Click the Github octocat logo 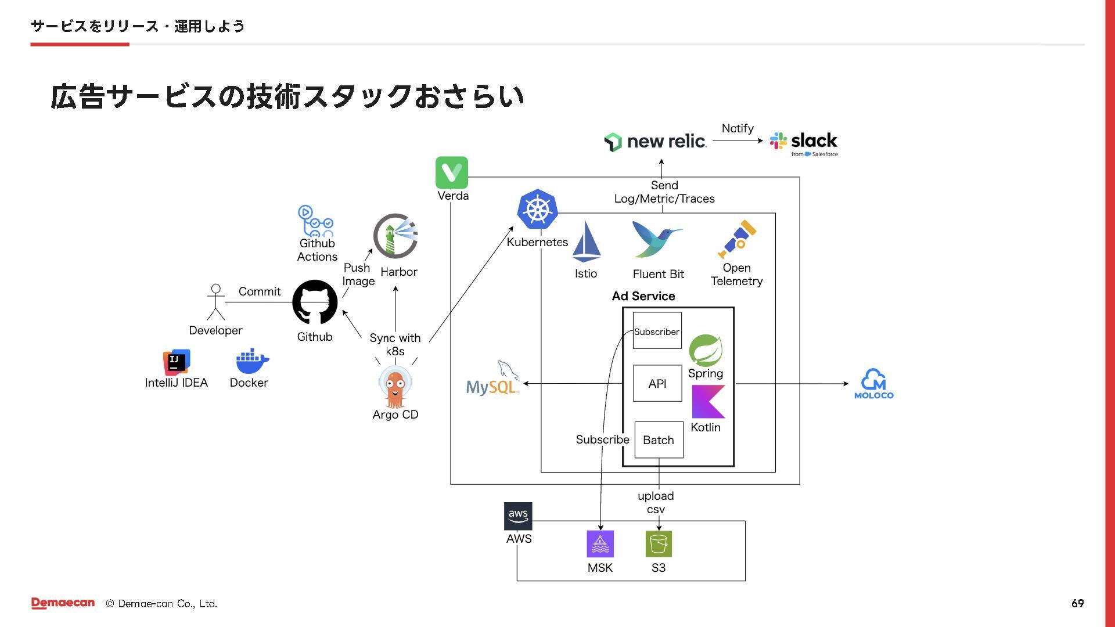[315, 302]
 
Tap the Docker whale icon [252, 362]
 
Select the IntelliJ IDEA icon [177, 362]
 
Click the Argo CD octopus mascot [395, 387]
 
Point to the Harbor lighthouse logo [395, 236]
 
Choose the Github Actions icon [315, 221]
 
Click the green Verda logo [452, 172]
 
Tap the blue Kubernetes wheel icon [538, 209]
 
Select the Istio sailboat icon [586, 242]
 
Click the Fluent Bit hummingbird [657, 239]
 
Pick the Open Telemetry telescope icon [737, 239]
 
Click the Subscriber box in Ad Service [657, 331]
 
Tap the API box [657, 383]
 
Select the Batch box [659, 440]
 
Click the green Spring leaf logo [706, 350]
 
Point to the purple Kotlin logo [708, 402]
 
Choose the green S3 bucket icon [659, 544]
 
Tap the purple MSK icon [600, 544]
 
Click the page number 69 [1077, 603]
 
